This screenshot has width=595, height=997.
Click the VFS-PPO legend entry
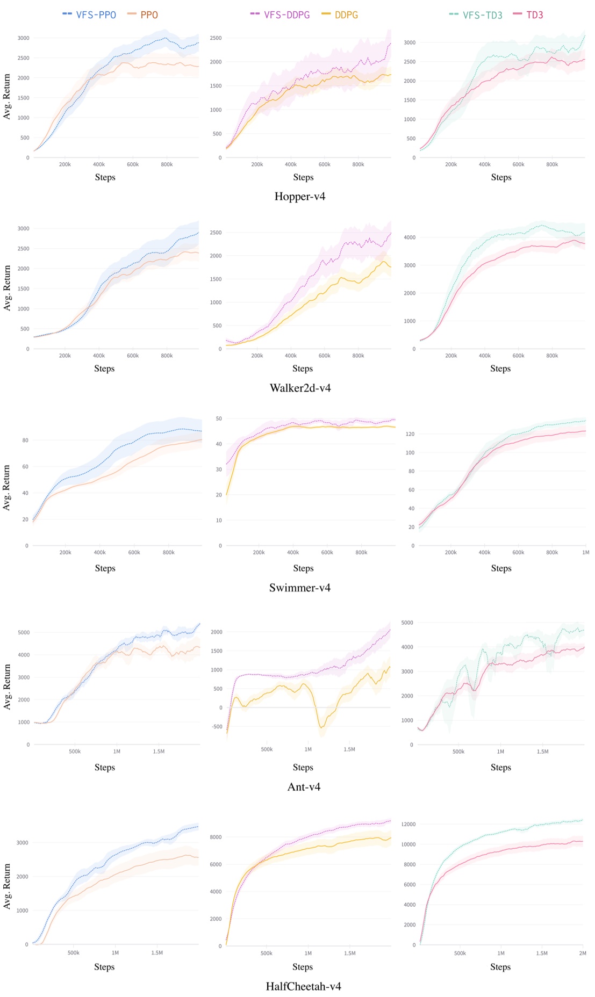[90, 15]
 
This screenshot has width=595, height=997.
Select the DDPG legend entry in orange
[340, 15]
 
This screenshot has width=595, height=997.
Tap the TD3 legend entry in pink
[528, 15]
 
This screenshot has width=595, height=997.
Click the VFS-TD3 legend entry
[476, 15]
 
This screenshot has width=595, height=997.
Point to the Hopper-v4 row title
[299, 197]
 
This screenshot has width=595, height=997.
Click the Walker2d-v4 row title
[300, 388]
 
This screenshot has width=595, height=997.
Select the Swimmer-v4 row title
[299, 588]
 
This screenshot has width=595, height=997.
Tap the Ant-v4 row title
[304, 787]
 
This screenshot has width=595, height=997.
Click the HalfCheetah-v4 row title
[303, 986]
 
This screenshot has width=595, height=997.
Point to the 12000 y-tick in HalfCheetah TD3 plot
[408, 824]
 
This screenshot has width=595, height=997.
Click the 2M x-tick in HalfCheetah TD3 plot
[583, 953]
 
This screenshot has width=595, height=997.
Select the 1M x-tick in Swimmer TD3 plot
[585, 552]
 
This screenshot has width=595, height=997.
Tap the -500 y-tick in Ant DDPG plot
[217, 727]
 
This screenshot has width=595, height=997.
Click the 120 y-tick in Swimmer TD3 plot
[410, 434]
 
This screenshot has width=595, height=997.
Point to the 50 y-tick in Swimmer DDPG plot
[219, 418]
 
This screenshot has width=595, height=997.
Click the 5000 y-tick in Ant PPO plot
[24, 632]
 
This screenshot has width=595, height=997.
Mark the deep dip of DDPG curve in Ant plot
[321, 727]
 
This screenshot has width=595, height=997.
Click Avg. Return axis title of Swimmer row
[7, 487]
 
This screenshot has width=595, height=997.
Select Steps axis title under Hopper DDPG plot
[303, 177]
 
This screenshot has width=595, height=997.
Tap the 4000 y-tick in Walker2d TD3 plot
[409, 237]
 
